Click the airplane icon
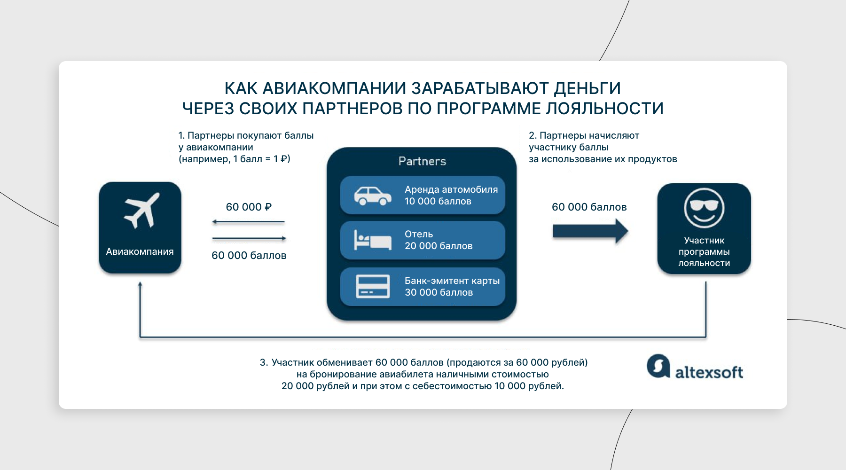pyautogui.click(x=142, y=211)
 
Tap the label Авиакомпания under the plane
pyautogui.click(x=140, y=251)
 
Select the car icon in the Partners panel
pyautogui.click(x=373, y=196)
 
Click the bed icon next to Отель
pyautogui.click(x=373, y=240)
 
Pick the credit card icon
pyautogui.click(x=373, y=286)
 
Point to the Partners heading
pyautogui.click(x=422, y=161)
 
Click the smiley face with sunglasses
pyautogui.click(x=704, y=208)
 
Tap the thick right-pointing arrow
pyautogui.click(x=590, y=231)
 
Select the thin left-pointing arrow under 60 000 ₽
pyautogui.click(x=249, y=222)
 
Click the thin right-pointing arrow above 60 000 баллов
pyautogui.click(x=249, y=238)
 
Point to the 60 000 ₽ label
pyautogui.click(x=249, y=207)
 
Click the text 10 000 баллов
pyautogui.click(x=438, y=201)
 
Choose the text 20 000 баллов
pyautogui.click(x=439, y=246)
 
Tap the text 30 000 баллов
pyautogui.click(x=439, y=292)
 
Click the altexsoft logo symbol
pyautogui.click(x=658, y=366)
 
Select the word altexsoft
pyautogui.click(x=709, y=372)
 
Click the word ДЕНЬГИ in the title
pyautogui.click(x=587, y=88)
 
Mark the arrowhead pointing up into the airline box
pyautogui.click(x=140, y=284)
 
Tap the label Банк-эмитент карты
pyautogui.click(x=452, y=281)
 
